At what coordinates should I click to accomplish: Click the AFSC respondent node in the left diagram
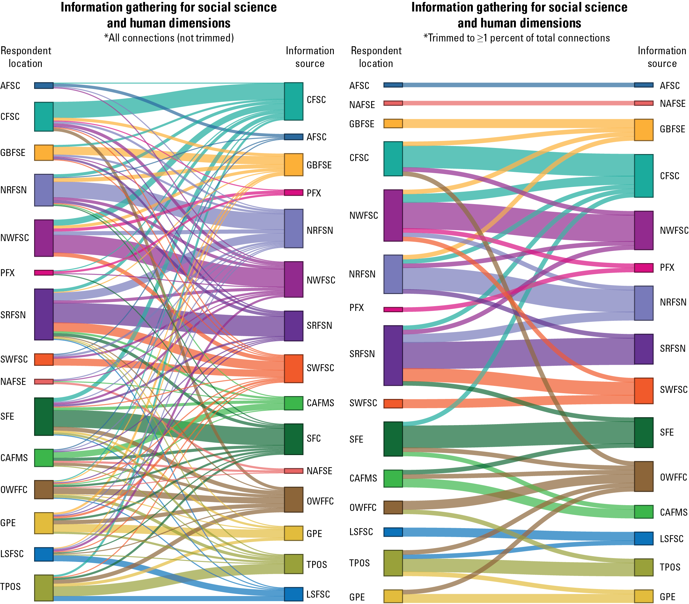pyautogui.click(x=44, y=85)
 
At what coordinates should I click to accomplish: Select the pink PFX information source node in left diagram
pyautogui.click(x=293, y=193)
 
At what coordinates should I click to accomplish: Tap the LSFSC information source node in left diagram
pyautogui.click(x=293, y=594)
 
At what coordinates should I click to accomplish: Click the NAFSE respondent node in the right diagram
pyautogui.click(x=393, y=103)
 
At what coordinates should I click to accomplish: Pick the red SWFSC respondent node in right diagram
pyautogui.click(x=393, y=403)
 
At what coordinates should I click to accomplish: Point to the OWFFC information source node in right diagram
pyautogui.click(x=643, y=476)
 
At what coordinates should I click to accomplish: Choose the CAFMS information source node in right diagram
pyautogui.click(x=643, y=512)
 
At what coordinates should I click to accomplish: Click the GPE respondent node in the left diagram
pyautogui.click(x=44, y=523)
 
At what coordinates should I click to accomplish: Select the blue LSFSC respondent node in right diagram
pyautogui.click(x=393, y=532)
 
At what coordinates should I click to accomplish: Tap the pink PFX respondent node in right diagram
pyautogui.click(x=393, y=309)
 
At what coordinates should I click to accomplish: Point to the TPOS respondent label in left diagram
pyautogui.click(x=11, y=587)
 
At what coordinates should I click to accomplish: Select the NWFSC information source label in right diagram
pyautogui.click(x=674, y=231)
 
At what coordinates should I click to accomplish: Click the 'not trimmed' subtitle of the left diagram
pyautogui.click(x=169, y=38)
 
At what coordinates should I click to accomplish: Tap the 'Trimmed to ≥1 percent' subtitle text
pyautogui.click(x=517, y=38)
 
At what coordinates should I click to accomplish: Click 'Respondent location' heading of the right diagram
pyautogui.click(x=376, y=57)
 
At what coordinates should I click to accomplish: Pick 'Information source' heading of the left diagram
pyautogui.click(x=310, y=57)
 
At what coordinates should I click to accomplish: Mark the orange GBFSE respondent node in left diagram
pyautogui.click(x=44, y=153)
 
